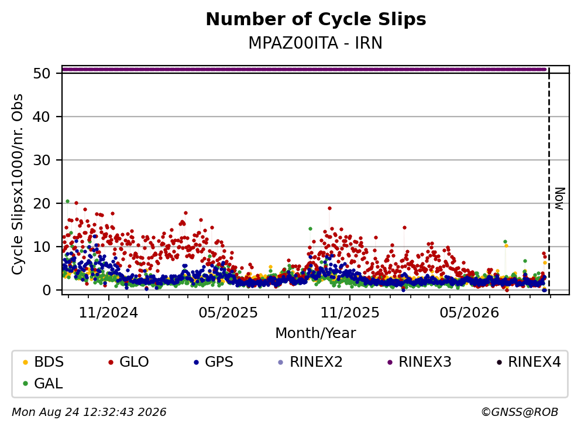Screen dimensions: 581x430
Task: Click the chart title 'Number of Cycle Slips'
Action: pyautogui.click(x=316, y=19)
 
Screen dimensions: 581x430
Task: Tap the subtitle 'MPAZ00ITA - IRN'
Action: pyautogui.click(x=315, y=43)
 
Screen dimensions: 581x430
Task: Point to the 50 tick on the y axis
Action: pyautogui.click(x=42, y=73)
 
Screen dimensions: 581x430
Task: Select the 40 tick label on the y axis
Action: pyautogui.click(x=42, y=117)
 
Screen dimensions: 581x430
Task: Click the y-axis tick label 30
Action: pyautogui.click(x=42, y=161)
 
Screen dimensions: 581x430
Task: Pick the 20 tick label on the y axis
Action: pyautogui.click(x=42, y=204)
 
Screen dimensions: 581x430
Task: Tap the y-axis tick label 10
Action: pyautogui.click(x=42, y=247)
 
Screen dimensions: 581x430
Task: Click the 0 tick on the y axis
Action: pyautogui.click(x=46, y=290)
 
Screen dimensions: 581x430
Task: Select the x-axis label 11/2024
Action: pyautogui.click(x=109, y=313)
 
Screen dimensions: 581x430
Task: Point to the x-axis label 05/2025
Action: pyautogui.click(x=228, y=313)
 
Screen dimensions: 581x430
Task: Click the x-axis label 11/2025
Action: pyautogui.click(x=350, y=313)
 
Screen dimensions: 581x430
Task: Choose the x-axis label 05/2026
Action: pyautogui.click(x=469, y=313)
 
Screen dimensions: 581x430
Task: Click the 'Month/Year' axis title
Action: pyautogui.click(x=315, y=333)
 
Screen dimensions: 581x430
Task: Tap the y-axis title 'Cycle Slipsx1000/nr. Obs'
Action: pyautogui.click(x=17, y=184)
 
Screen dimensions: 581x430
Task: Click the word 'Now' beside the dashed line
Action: pyautogui.click(x=560, y=199)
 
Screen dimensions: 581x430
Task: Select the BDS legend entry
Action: pyautogui.click(x=43, y=361)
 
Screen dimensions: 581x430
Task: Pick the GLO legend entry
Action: pyautogui.click(x=128, y=361)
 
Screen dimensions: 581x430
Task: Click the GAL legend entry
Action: pyautogui.click(x=43, y=384)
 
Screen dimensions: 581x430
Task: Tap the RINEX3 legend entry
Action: pyautogui.click(x=419, y=361)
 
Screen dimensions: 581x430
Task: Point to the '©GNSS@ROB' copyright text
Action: pyautogui.click(x=520, y=412)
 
